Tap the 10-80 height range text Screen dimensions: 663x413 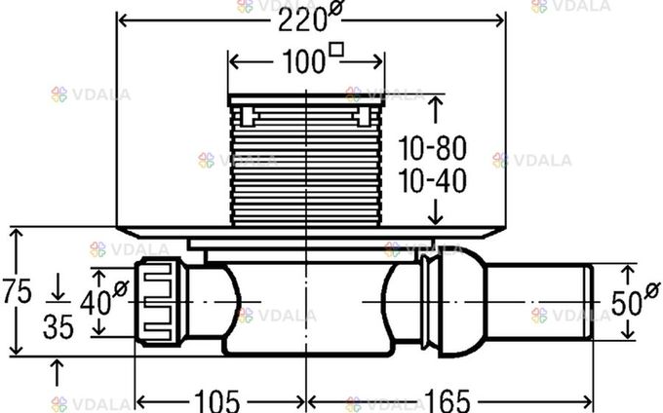click(433, 148)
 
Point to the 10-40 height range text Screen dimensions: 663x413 click(433, 181)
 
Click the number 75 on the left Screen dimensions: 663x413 click(17, 291)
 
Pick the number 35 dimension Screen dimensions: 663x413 click(58, 326)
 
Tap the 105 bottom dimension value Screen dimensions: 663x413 click(216, 400)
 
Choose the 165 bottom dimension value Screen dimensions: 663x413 click(447, 400)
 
